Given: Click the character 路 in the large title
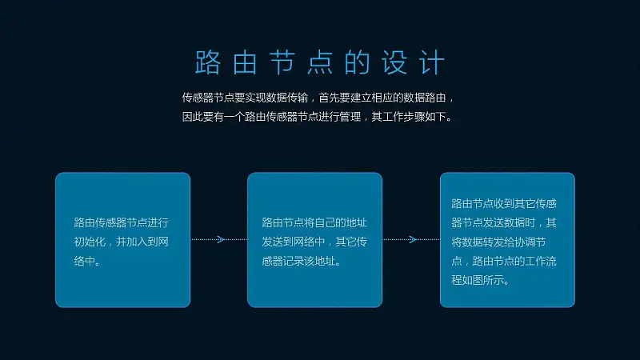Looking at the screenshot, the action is (208, 62).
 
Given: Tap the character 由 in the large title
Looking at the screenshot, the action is (245, 62).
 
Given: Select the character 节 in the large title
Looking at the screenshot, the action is (282, 62).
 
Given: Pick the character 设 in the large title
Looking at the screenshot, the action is (394, 62).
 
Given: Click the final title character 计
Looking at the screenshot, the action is (432, 62).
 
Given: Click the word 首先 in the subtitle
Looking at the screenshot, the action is (329, 98).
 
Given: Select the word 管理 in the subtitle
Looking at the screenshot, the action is (350, 117).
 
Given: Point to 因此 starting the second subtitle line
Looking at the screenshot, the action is (193, 117).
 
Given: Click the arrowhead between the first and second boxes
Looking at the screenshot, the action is (221, 239).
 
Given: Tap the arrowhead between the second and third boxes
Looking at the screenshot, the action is (413, 239).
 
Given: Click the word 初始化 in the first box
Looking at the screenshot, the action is (90, 242).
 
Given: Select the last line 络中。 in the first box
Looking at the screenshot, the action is (87, 261).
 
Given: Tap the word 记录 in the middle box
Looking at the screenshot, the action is (293, 261).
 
